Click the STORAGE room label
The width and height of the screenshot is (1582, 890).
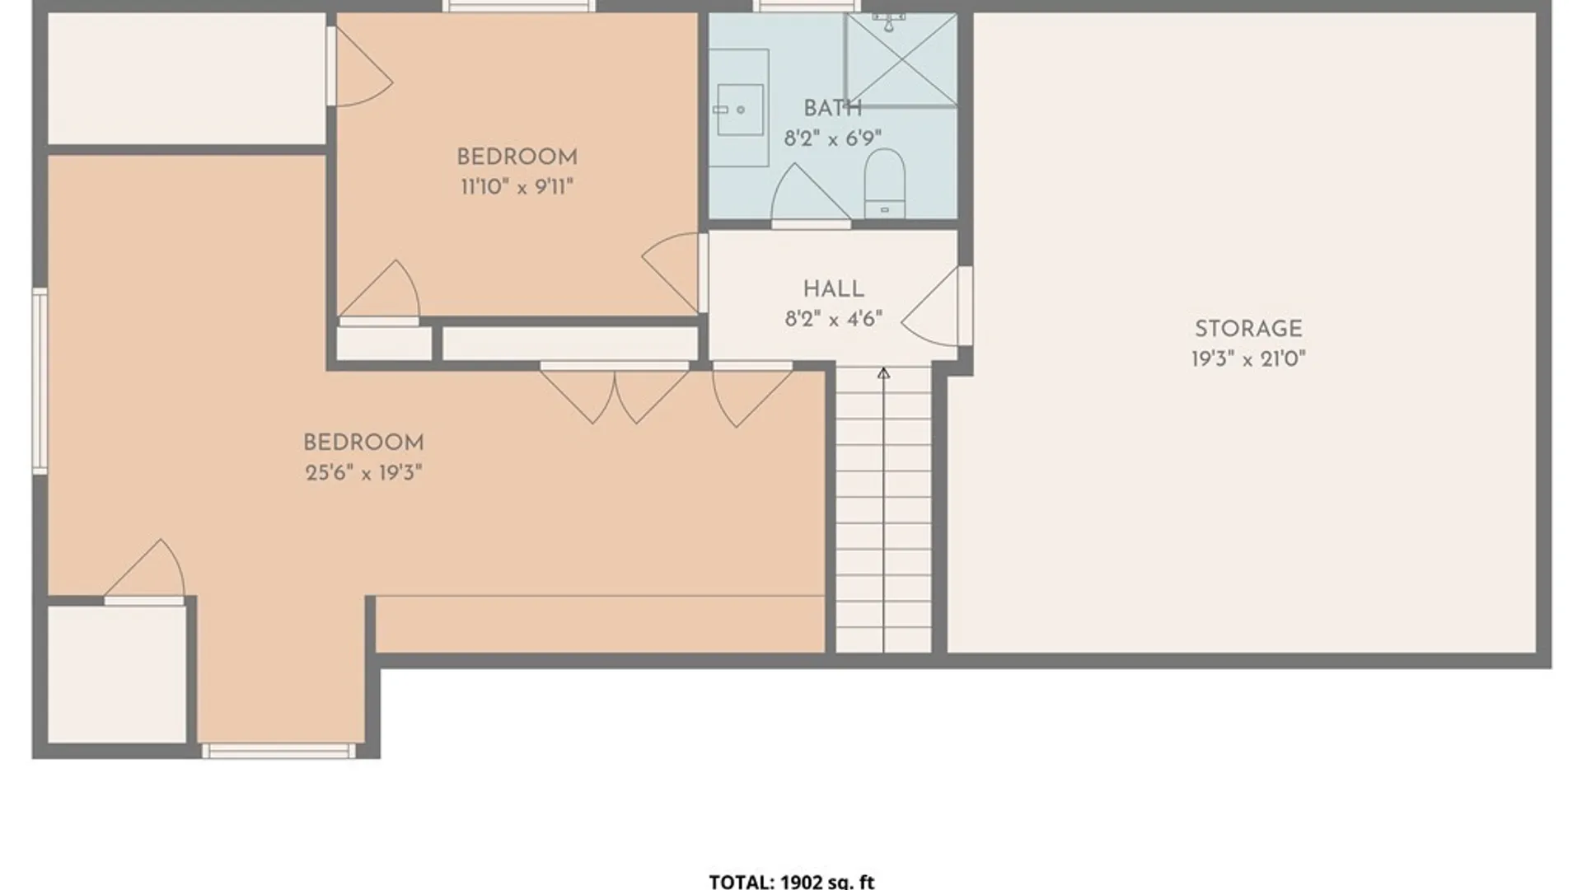click(1248, 329)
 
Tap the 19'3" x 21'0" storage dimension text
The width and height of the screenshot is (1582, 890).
click(1248, 358)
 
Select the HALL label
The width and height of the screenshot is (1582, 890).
click(834, 289)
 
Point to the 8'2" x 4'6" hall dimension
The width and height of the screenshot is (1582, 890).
click(834, 319)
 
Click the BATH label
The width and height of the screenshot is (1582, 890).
click(833, 108)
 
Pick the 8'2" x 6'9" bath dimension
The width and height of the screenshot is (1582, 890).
click(833, 138)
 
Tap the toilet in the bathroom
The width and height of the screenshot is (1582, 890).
click(884, 183)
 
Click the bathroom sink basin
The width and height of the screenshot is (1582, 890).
click(739, 109)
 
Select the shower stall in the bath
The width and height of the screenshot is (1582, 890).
click(901, 59)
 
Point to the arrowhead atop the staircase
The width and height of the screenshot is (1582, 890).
click(883, 373)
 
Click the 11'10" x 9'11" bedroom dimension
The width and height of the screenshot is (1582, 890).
click(517, 187)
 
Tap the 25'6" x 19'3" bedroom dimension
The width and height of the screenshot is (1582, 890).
click(363, 472)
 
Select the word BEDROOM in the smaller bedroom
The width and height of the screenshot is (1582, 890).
click(517, 157)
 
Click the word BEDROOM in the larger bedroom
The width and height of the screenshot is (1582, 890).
click(363, 443)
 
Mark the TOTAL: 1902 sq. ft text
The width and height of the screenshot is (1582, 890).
click(791, 882)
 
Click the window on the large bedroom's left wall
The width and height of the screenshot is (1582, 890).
click(40, 381)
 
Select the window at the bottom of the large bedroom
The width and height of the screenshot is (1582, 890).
click(278, 751)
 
